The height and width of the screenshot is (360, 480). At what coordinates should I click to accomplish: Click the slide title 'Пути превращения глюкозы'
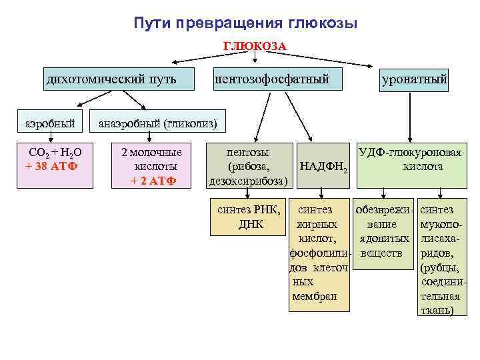[x=245, y=23]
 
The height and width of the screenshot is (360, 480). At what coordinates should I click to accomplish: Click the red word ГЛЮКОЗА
[x=255, y=47]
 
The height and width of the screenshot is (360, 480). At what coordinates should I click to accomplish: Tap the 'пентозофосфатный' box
[x=271, y=80]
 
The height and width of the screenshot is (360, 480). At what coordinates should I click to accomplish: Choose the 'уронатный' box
[x=414, y=81]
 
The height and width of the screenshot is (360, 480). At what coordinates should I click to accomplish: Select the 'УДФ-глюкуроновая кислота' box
[x=410, y=159]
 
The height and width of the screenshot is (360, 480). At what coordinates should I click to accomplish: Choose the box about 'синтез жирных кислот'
[x=319, y=253]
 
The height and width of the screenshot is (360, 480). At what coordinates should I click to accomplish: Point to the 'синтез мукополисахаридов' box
[x=440, y=260]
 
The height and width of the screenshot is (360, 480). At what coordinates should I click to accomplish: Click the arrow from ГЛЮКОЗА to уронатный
[x=333, y=59]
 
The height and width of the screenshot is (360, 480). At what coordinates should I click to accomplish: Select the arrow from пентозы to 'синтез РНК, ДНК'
[x=248, y=192]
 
